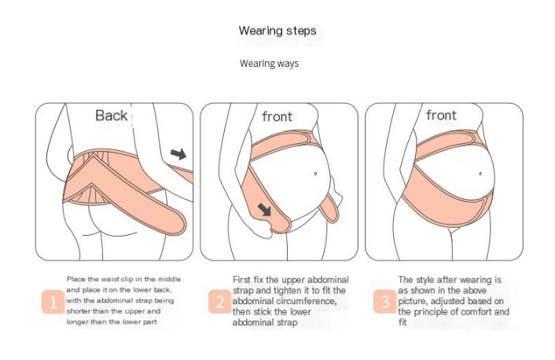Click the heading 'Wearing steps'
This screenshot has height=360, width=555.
pyautogui.click(x=277, y=31)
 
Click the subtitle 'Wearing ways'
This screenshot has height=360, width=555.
pyautogui.click(x=269, y=64)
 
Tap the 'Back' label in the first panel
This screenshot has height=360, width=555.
pyautogui.click(x=111, y=116)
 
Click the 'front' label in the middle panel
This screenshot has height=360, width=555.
pyautogui.click(x=277, y=116)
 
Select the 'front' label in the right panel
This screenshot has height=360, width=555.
pyautogui.click(x=441, y=115)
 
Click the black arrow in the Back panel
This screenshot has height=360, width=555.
pyautogui.click(x=178, y=154)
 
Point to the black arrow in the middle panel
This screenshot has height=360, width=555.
pyautogui.click(x=264, y=210)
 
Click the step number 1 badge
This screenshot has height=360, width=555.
pyautogui.click(x=53, y=303)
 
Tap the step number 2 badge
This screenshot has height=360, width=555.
pyautogui.click(x=219, y=302)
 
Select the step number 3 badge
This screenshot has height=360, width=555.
pyautogui.click(x=384, y=302)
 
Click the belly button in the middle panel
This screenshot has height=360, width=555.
pyautogui.click(x=315, y=174)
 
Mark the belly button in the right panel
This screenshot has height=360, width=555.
pyautogui.click(x=480, y=174)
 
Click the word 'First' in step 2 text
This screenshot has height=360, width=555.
pyautogui.click(x=242, y=280)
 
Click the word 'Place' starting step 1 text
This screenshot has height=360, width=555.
pyautogui.click(x=75, y=279)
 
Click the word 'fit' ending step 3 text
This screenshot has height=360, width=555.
pyautogui.click(x=402, y=322)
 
